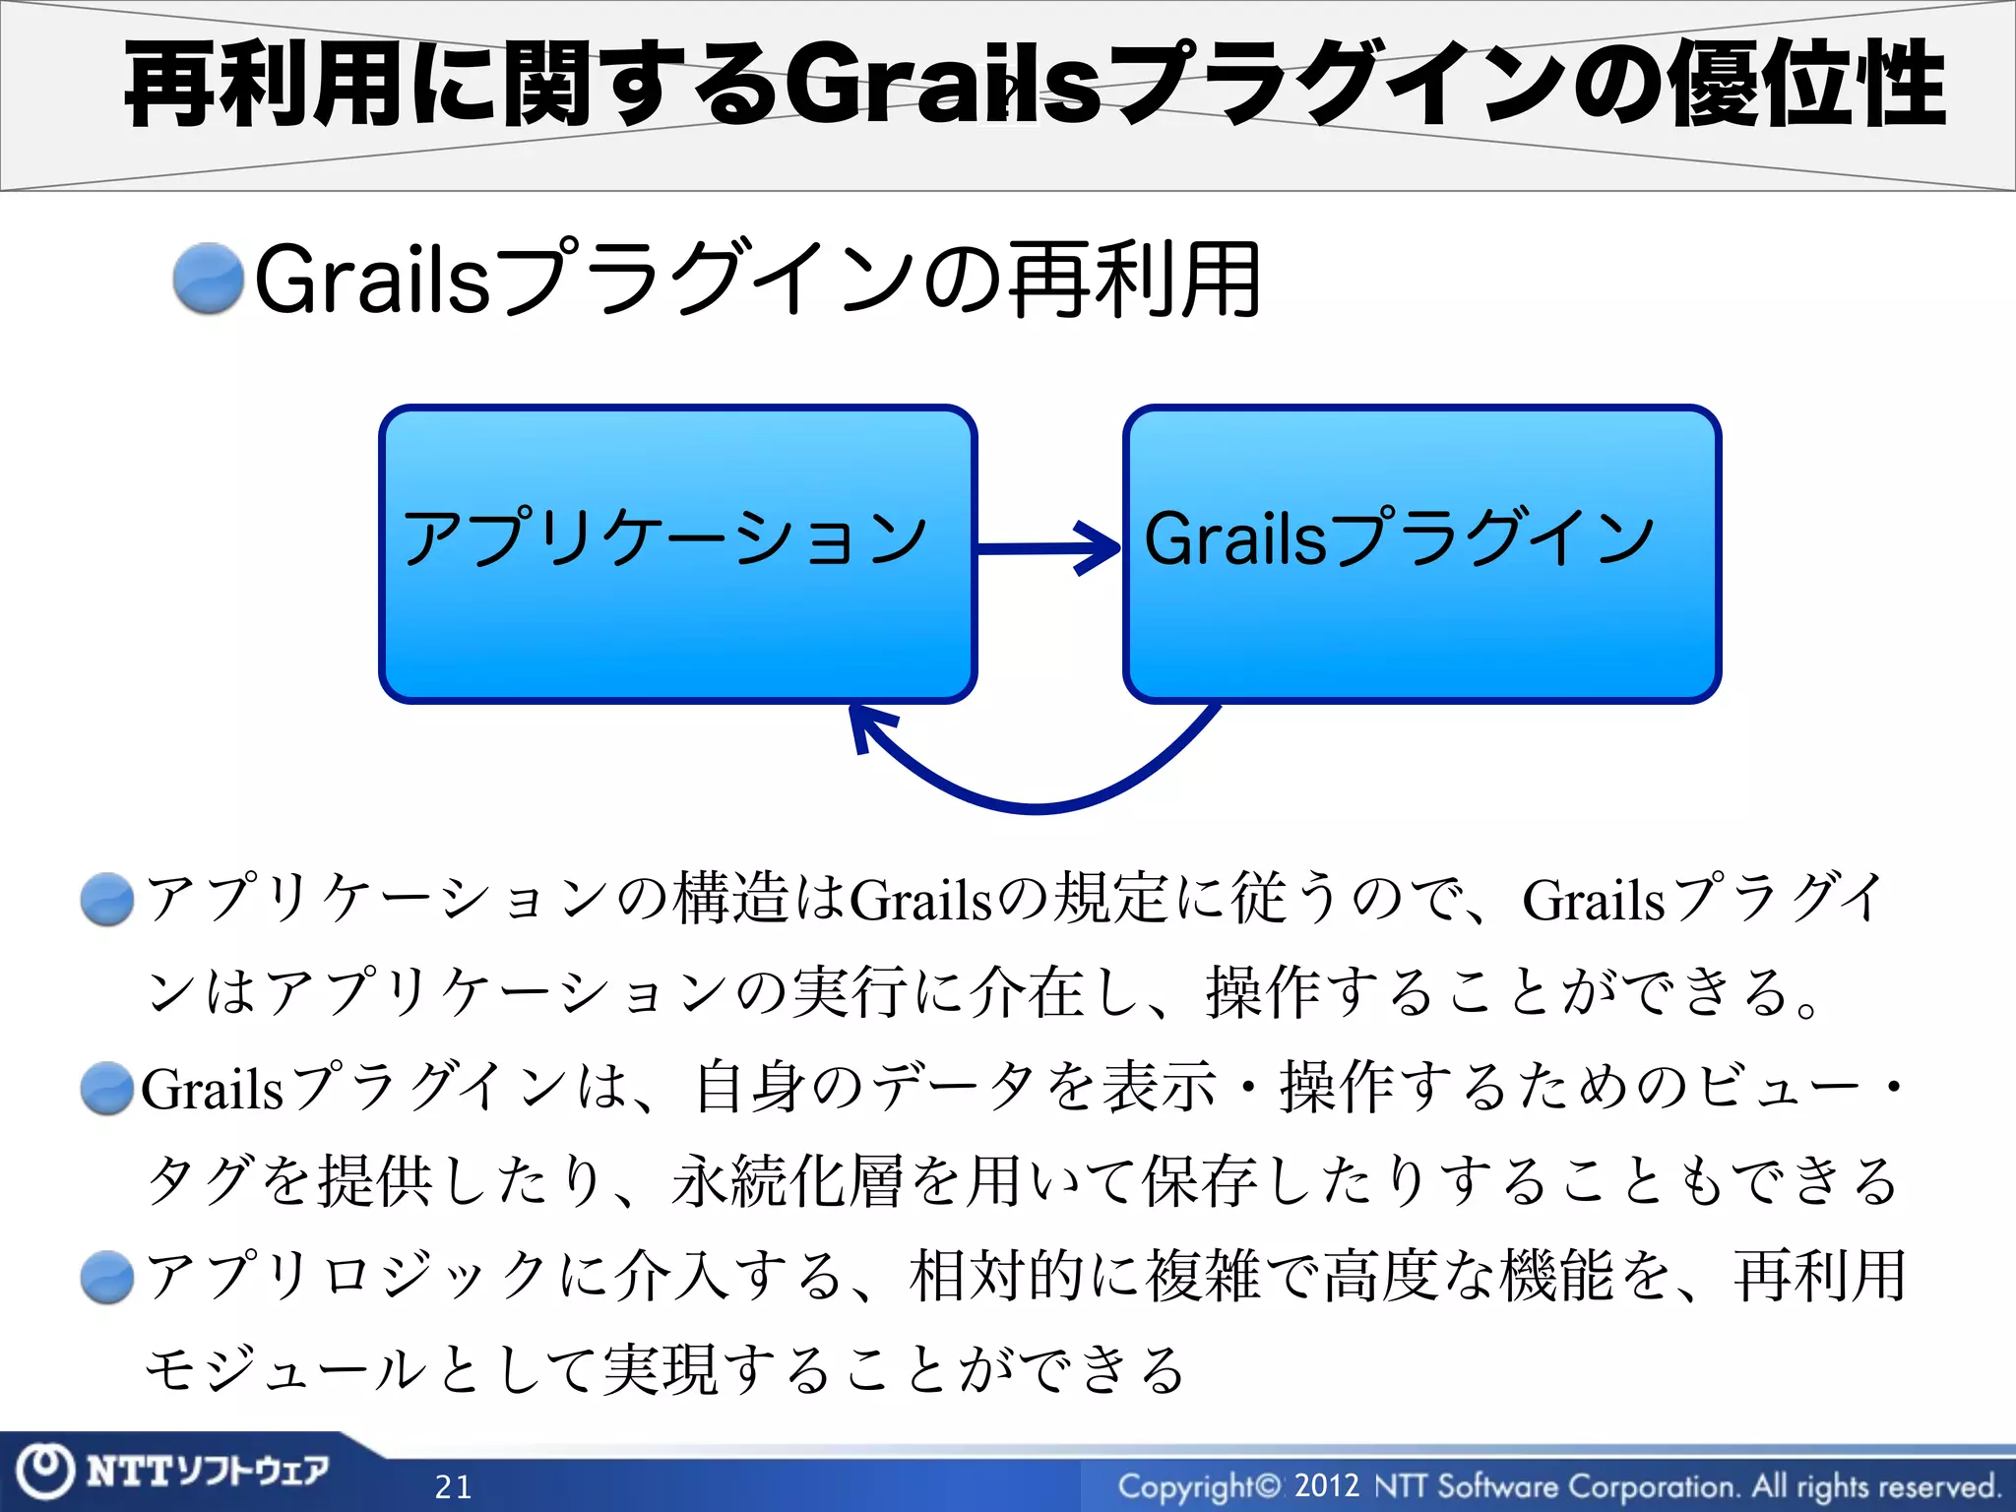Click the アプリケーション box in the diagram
pos(677,554)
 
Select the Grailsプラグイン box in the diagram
pos(1421,554)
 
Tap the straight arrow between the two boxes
pos(1048,547)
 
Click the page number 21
pos(454,1486)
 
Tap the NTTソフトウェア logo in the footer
pos(207,1471)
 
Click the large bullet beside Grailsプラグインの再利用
pos(208,280)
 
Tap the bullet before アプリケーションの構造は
pos(107,900)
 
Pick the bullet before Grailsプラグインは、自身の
pos(107,1089)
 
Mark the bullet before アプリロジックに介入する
pos(107,1278)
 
